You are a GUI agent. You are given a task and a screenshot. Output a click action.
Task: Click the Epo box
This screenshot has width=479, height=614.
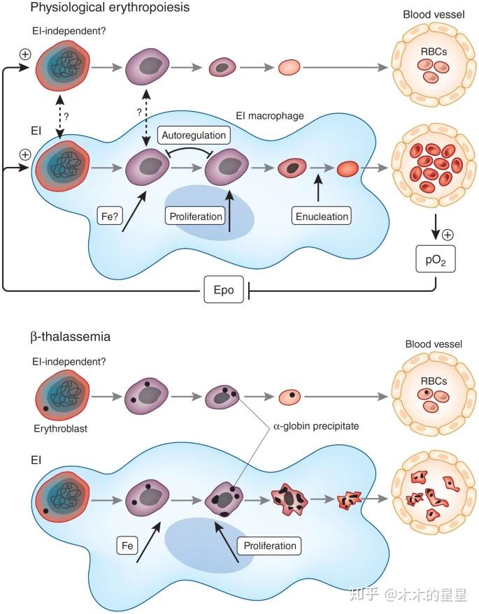pyautogui.click(x=224, y=289)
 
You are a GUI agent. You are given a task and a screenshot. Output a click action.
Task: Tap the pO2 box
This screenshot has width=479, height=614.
pyautogui.click(x=436, y=259)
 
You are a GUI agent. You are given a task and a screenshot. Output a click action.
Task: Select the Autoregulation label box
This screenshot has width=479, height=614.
pyautogui.click(x=194, y=135)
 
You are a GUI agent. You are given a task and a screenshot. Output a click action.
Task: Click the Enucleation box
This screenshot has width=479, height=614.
pyautogui.click(x=322, y=216)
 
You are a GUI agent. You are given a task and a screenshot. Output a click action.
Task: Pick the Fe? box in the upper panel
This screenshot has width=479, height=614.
pyautogui.click(x=109, y=216)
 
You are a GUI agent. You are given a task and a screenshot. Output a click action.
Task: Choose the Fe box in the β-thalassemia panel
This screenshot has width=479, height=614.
pyautogui.click(x=127, y=546)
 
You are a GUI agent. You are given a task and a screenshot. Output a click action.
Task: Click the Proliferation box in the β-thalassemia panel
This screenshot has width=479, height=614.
pyautogui.click(x=270, y=546)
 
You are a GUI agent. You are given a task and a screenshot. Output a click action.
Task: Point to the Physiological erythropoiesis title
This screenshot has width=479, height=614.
pyautogui.click(x=110, y=7)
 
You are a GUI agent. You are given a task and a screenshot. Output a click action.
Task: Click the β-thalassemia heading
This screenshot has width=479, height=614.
pyautogui.click(x=70, y=337)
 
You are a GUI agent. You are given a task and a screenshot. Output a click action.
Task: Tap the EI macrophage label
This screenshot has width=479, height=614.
pyautogui.click(x=270, y=116)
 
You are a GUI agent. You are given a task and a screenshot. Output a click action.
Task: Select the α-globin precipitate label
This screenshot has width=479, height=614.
pyautogui.click(x=316, y=426)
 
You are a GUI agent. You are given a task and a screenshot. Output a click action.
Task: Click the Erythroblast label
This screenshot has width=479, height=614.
pyautogui.click(x=60, y=428)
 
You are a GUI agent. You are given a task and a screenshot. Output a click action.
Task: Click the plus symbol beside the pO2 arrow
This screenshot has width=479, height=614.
pyautogui.click(x=448, y=235)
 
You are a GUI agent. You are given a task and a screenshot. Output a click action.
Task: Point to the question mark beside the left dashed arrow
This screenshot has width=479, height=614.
pyautogui.click(x=66, y=117)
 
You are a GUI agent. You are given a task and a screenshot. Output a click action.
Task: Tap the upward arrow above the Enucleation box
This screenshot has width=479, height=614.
pyautogui.click(x=318, y=188)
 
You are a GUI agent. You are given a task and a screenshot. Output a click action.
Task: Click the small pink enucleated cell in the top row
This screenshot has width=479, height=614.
pyautogui.click(x=289, y=67)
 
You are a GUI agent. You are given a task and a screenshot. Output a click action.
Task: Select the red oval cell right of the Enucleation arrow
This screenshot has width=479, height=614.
pyautogui.click(x=348, y=169)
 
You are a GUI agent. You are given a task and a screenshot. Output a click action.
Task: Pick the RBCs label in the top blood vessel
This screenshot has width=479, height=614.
pyautogui.click(x=434, y=52)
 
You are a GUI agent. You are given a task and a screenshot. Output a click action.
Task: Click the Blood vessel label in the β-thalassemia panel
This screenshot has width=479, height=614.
pyautogui.click(x=434, y=344)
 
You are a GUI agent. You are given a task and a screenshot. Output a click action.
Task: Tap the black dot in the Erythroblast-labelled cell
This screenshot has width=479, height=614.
pyautogui.click(x=46, y=409)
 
